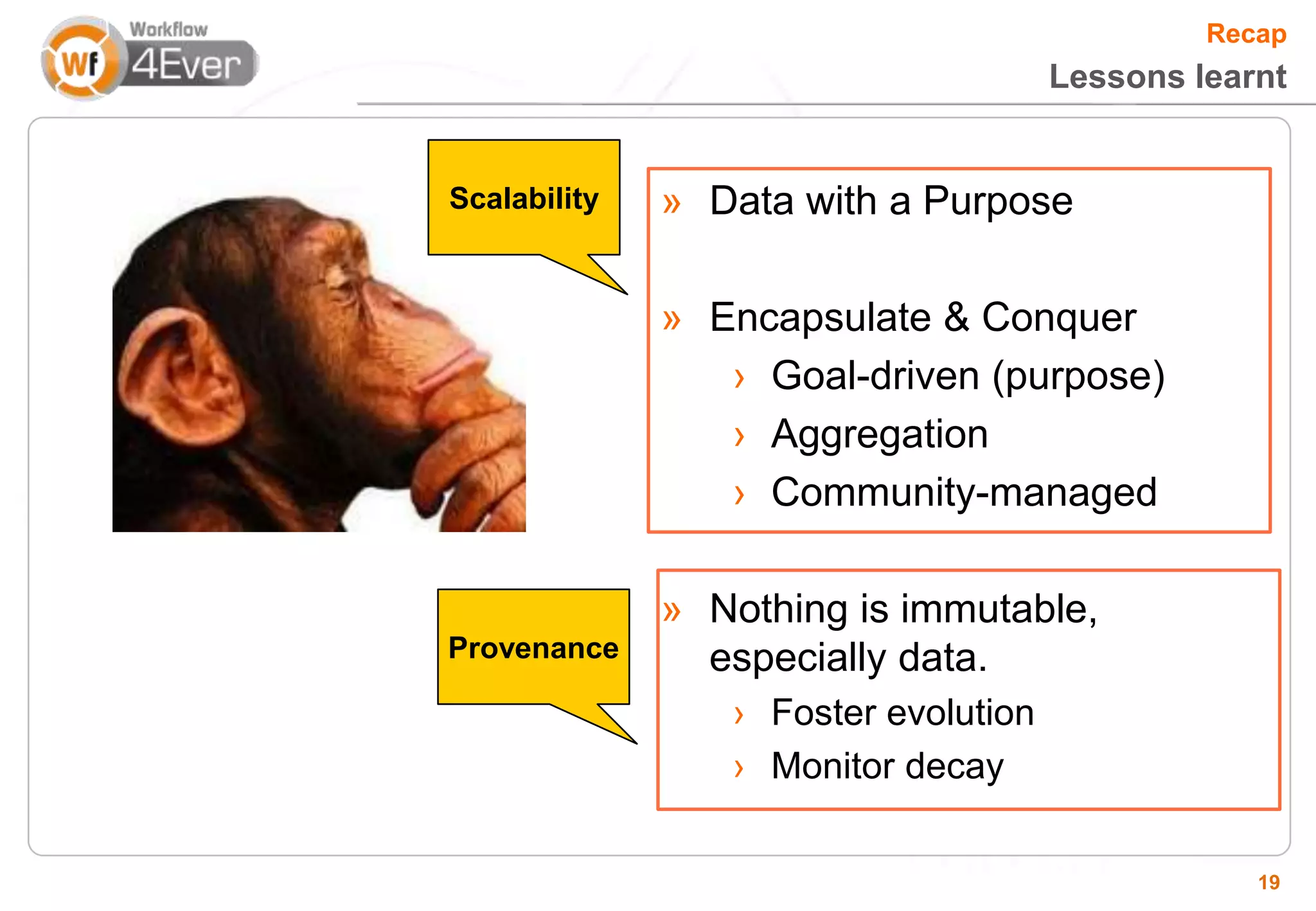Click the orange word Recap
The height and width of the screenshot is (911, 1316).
pos(1246,33)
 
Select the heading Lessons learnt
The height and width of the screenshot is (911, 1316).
pos(1168,76)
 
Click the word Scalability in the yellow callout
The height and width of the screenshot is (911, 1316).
pos(524,198)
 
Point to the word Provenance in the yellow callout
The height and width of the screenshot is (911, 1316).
pos(533,648)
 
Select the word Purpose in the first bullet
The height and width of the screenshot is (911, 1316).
pos(998,201)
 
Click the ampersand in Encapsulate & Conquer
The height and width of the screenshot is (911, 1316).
pos(956,317)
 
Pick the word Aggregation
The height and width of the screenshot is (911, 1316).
pos(880,434)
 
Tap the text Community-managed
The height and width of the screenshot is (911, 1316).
pos(964,493)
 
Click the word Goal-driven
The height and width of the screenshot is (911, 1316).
pos(876,376)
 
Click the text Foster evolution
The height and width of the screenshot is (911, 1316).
pos(902,712)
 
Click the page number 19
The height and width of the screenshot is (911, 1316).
pos(1268,882)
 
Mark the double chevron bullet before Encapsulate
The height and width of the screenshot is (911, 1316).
pos(671,319)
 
